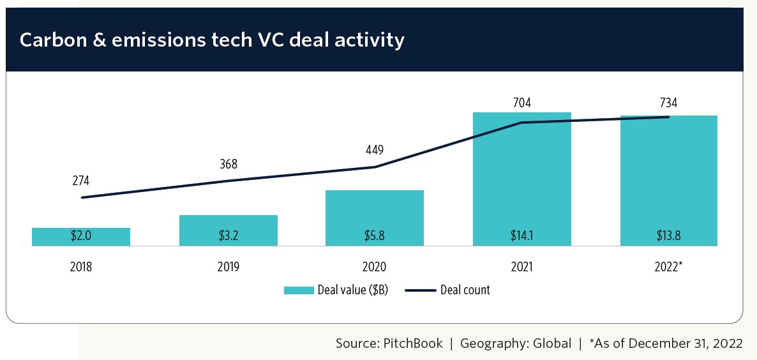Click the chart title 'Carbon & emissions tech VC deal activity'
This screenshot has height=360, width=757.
[x=212, y=40]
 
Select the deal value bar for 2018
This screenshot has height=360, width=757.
[x=81, y=236]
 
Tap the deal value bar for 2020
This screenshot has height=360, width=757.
[x=375, y=217]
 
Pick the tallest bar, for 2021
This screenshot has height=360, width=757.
[x=521, y=179]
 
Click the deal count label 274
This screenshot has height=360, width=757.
[x=81, y=181]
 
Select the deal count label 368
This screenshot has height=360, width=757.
[x=228, y=164]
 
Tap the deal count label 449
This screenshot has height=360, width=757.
[x=375, y=151]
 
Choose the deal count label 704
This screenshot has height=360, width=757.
[x=521, y=102]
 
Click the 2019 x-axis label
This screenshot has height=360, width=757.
[x=228, y=267]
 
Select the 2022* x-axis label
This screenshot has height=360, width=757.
[x=669, y=267]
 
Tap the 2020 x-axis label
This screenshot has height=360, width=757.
[x=375, y=267]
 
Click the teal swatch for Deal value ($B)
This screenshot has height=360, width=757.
[x=298, y=290]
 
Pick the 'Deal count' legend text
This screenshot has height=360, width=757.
[x=465, y=290]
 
